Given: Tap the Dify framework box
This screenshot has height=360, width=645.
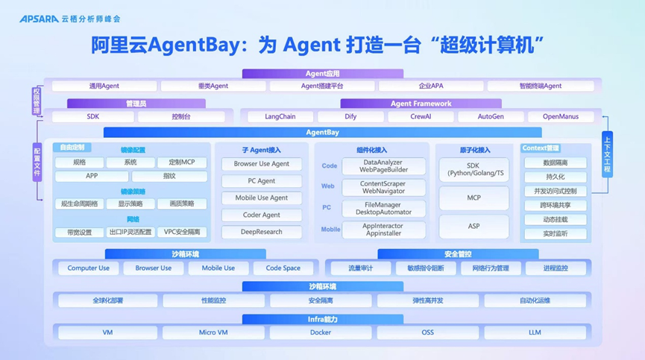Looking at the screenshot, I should click(x=350, y=117).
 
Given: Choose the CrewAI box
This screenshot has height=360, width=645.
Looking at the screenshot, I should click(x=421, y=117).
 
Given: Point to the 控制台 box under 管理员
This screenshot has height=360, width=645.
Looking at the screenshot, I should click(x=181, y=117).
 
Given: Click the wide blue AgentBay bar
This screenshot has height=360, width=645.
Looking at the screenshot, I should click(x=322, y=132).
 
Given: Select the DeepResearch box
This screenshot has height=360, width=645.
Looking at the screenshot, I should click(x=262, y=232).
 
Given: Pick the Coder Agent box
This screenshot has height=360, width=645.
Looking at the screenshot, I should click(x=262, y=215).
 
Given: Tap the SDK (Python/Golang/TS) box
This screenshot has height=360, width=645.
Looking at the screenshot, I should click(x=473, y=169).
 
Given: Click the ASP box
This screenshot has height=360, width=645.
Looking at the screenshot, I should click(x=473, y=226).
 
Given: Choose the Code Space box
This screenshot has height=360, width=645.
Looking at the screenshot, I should click(x=283, y=268).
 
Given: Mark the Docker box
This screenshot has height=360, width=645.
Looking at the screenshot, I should click(x=321, y=332).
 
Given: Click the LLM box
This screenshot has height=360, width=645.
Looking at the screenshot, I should click(x=535, y=332).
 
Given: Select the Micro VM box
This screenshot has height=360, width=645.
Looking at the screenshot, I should click(x=213, y=332).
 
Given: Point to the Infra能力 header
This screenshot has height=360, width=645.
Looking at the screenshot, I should click(x=322, y=319).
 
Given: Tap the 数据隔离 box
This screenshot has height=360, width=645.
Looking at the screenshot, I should click(x=555, y=162).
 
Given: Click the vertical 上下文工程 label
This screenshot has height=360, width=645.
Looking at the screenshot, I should click(x=607, y=154).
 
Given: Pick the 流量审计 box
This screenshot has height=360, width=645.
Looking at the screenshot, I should click(x=361, y=268).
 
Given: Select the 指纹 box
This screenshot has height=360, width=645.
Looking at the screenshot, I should click(x=169, y=177).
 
